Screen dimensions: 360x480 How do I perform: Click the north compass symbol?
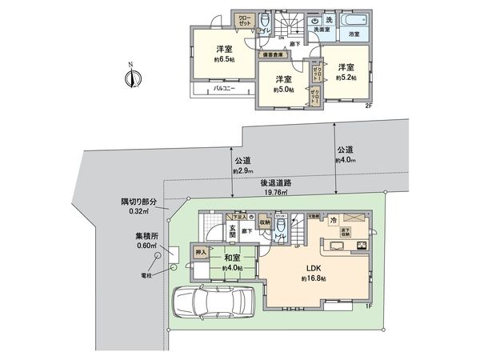coord(133,78)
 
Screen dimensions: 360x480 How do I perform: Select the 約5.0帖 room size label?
coord(284,90)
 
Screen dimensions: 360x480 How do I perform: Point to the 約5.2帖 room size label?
coord(345,78)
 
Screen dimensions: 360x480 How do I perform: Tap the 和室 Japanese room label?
coord(234,258)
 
